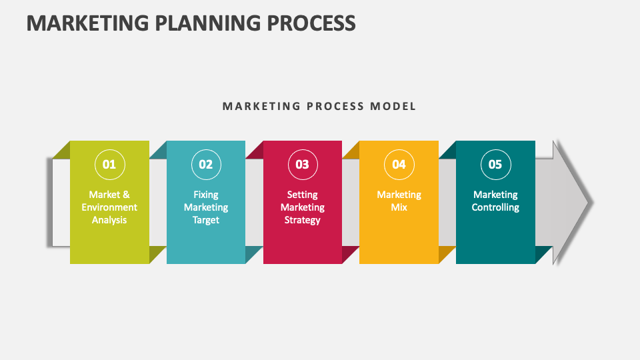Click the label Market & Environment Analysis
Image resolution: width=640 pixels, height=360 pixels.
(x=109, y=207)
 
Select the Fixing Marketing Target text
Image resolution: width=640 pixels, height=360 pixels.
(x=206, y=207)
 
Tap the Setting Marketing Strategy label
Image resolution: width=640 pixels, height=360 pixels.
(x=303, y=207)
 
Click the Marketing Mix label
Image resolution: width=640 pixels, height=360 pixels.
(x=399, y=201)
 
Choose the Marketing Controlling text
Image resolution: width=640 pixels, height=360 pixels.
(x=495, y=201)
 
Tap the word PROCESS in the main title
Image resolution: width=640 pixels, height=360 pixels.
(x=311, y=23)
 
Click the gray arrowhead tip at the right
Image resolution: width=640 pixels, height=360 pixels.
(x=593, y=203)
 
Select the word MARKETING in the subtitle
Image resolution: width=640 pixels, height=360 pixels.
(x=261, y=106)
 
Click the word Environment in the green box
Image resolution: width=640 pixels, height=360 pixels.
(x=109, y=207)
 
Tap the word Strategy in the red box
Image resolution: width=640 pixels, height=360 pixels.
(x=303, y=220)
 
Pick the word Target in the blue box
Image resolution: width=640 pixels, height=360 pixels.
(x=206, y=220)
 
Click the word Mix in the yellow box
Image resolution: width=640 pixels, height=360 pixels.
(x=399, y=207)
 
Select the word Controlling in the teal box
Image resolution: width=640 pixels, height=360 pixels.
(x=495, y=207)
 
